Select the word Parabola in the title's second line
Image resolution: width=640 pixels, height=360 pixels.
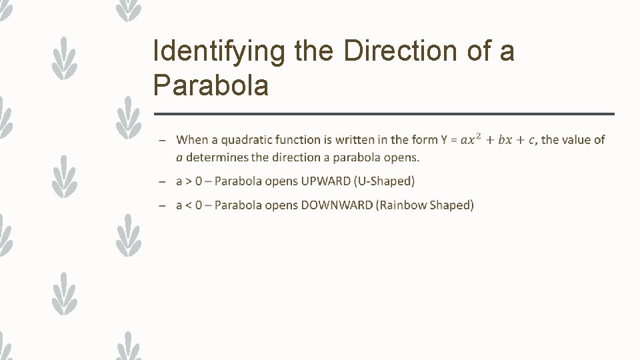(x=211, y=85)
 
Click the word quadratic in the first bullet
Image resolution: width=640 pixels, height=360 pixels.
(x=245, y=140)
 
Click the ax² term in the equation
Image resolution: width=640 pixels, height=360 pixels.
(x=471, y=140)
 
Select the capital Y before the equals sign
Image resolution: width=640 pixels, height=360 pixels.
(x=444, y=140)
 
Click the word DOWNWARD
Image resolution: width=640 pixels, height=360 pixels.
(x=337, y=205)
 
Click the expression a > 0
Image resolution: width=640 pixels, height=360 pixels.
(x=189, y=181)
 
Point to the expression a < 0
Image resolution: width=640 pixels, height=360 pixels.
(x=189, y=205)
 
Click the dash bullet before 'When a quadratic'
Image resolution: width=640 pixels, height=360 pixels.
(x=162, y=141)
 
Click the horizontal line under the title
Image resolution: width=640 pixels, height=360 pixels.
(x=383, y=114)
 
